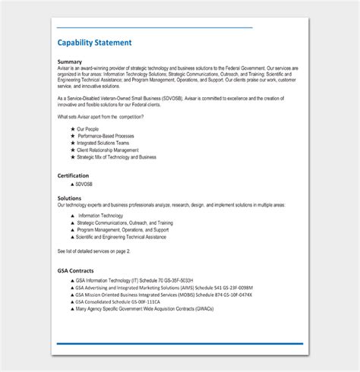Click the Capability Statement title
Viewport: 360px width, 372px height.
tap(94, 43)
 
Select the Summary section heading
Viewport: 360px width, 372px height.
tap(70, 61)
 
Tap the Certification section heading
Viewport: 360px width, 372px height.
tap(73, 175)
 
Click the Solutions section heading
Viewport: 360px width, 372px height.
tap(70, 198)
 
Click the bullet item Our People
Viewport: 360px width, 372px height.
tap(88, 129)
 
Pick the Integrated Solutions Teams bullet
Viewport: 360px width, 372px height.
tap(104, 143)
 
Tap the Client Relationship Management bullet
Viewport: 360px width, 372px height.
tap(108, 150)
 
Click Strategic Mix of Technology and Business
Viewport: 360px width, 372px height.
tap(116, 157)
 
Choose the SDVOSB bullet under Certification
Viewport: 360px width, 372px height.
tap(85, 184)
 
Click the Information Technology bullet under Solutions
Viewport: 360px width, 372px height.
tap(101, 216)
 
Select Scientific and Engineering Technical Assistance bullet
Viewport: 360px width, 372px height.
tap(122, 236)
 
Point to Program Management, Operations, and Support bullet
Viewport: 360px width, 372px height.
tap(122, 229)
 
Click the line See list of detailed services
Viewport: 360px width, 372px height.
tap(93, 251)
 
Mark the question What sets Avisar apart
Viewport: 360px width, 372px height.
tap(100, 116)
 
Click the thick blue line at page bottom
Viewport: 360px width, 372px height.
tap(180, 343)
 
